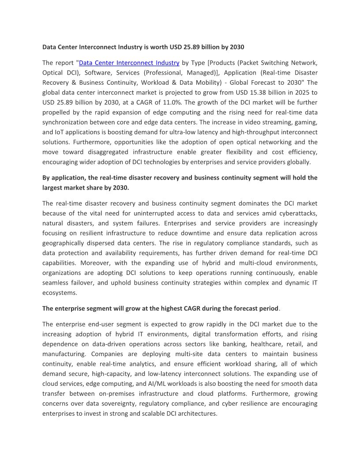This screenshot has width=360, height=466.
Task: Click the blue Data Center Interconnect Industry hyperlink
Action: [129, 63]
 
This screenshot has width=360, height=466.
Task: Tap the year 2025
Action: [298, 93]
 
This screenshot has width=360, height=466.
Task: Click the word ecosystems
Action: [59, 293]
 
